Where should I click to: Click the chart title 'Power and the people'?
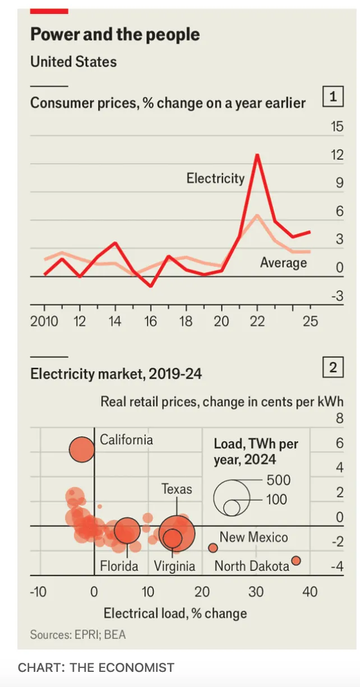tap(115, 35)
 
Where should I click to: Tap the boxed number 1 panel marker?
tap(333, 98)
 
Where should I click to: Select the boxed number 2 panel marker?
tap(333, 368)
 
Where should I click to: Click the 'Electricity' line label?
tap(215, 178)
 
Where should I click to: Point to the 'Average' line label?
tap(283, 262)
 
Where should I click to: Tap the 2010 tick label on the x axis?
tap(44, 321)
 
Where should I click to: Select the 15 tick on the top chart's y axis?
tap(336, 127)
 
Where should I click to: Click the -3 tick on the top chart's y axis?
tap(336, 296)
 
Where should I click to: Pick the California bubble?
tap(82, 449)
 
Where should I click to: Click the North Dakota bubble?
tap(296, 560)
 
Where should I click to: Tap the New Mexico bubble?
tap(213, 547)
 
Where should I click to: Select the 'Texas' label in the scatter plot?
tap(177, 489)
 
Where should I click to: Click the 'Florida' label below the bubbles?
tap(119, 566)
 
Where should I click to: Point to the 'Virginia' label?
tap(175, 566)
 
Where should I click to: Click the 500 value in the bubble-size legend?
tap(279, 480)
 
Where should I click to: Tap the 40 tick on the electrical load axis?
tap(310, 592)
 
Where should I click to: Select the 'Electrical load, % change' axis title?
tap(175, 613)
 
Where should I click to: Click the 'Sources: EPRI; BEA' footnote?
tap(78, 634)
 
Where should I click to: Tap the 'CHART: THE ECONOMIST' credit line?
tap(96, 667)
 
